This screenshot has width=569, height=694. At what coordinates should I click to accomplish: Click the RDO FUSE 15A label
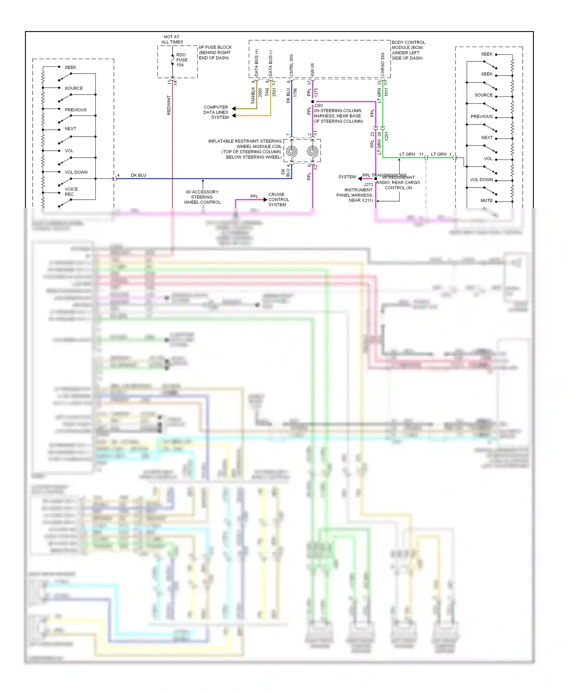182,60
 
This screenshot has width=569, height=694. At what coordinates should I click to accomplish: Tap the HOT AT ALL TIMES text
172,39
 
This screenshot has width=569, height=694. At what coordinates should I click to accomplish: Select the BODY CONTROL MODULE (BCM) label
408,50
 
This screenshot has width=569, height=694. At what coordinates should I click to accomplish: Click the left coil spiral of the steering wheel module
291,151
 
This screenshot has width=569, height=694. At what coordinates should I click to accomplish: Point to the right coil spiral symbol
312,151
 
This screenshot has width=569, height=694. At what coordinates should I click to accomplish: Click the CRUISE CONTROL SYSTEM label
278,200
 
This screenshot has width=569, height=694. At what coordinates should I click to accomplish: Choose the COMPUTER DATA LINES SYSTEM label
216,112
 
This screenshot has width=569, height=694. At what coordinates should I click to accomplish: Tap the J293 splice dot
313,102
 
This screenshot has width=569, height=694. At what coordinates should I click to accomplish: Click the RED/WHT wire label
169,105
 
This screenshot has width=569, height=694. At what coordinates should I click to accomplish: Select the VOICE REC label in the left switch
71,192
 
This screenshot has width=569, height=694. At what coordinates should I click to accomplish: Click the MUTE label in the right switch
487,200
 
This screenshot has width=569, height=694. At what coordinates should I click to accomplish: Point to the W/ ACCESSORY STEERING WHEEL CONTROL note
202,197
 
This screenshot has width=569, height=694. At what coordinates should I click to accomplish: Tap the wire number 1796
295,93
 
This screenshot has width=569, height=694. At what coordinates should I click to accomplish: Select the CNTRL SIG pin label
291,65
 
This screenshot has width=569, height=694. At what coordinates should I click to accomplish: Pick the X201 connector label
387,136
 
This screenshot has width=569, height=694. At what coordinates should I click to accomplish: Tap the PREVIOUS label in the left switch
75,110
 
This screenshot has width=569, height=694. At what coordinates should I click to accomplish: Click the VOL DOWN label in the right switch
481,180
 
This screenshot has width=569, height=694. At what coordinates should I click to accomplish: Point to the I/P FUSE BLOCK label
215,53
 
